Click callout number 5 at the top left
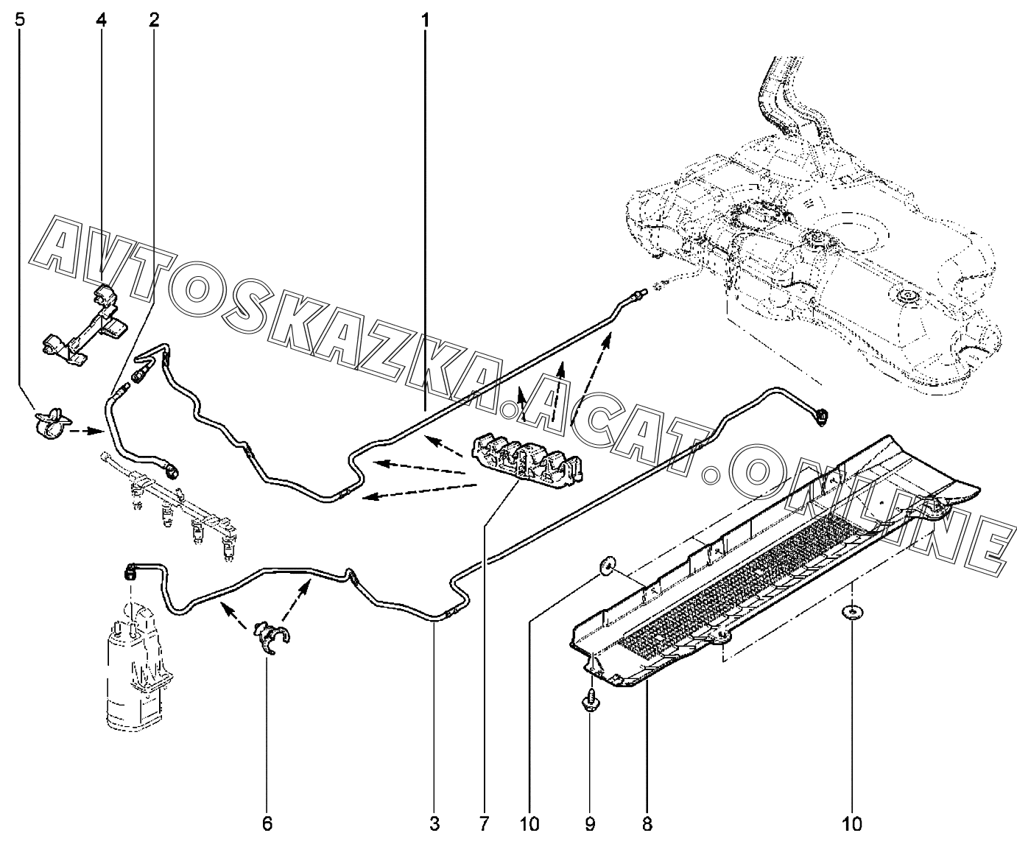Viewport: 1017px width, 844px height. (20, 20)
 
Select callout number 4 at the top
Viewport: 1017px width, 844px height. (101, 20)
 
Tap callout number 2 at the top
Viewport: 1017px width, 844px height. (153, 20)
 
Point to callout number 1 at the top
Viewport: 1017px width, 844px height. (425, 20)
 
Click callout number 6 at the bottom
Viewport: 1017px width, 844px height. (267, 823)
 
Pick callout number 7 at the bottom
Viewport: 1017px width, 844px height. (484, 823)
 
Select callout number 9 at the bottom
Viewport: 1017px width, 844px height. (591, 823)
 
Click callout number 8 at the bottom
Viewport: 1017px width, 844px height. (647, 823)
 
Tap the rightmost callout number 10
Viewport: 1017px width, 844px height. (852, 823)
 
